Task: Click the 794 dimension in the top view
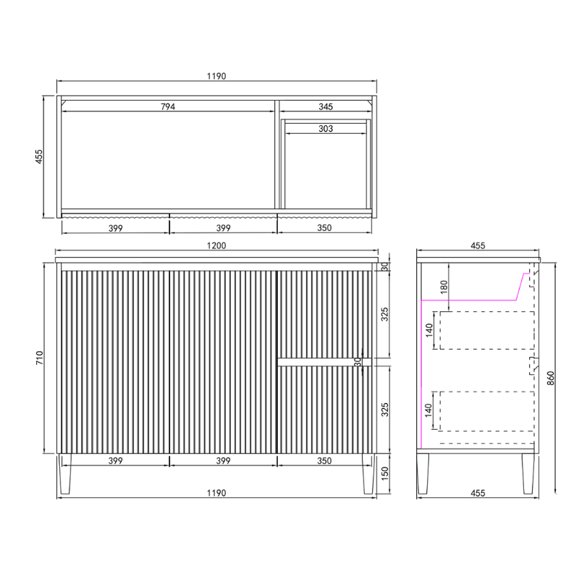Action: [x=169, y=106]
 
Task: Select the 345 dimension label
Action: [x=326, y=106]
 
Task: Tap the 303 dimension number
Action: [x=326, y=129]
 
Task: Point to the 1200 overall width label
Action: [x=216, y=245]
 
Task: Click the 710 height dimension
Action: [x=41, y=357]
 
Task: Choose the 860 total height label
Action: [x=551, y=378]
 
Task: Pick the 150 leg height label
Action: [x=385, y=475]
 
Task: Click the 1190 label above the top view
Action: [x=216, y=75]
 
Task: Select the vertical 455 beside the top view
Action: [x=41, y=156]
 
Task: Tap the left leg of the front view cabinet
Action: [x=66, y=474]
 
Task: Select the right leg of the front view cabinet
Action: [x=368, y=474]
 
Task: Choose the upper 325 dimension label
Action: [x=385, y=314]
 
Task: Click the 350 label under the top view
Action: [x=324, y=227]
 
